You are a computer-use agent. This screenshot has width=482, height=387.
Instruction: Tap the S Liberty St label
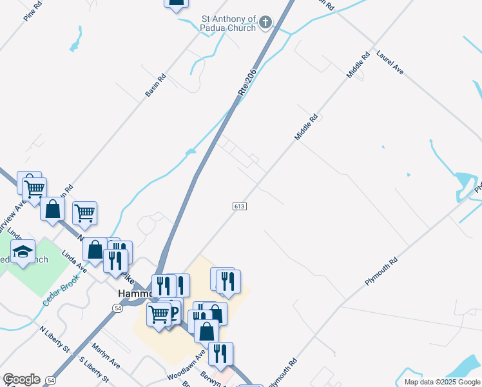(93, 368)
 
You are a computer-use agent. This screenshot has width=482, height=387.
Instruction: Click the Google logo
(21, 379)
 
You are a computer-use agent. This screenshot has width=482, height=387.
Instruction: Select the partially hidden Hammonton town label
(134, 293)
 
